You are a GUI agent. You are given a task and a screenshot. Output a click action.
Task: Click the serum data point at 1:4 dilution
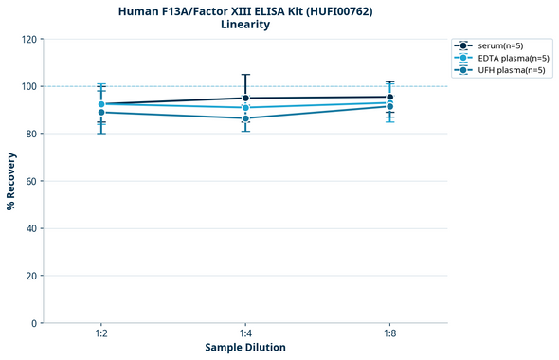245,99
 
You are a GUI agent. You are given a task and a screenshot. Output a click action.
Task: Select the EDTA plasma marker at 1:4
245,108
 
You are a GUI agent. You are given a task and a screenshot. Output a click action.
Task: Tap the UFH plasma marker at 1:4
245,118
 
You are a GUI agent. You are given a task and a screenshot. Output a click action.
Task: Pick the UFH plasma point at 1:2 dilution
101,113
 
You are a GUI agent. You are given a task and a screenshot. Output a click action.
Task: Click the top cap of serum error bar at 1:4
245,75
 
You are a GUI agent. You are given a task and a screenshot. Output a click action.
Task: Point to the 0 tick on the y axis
33,323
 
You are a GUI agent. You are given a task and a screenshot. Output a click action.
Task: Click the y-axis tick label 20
30,276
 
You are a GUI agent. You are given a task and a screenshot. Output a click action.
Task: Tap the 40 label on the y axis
30,228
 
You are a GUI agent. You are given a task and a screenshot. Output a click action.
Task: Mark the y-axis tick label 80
30,134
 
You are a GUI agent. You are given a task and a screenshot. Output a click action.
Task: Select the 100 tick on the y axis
28,86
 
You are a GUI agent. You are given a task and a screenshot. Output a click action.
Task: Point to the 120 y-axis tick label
28,39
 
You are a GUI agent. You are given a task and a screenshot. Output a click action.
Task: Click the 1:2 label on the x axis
101,334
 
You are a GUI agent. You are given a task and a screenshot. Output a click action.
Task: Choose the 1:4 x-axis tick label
245,334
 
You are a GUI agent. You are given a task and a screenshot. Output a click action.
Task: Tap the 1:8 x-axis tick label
390,334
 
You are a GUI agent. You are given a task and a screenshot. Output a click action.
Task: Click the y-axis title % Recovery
11,181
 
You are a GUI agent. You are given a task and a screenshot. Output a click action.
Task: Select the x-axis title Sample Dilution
245,348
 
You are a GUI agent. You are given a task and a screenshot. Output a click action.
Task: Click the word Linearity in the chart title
245,25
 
